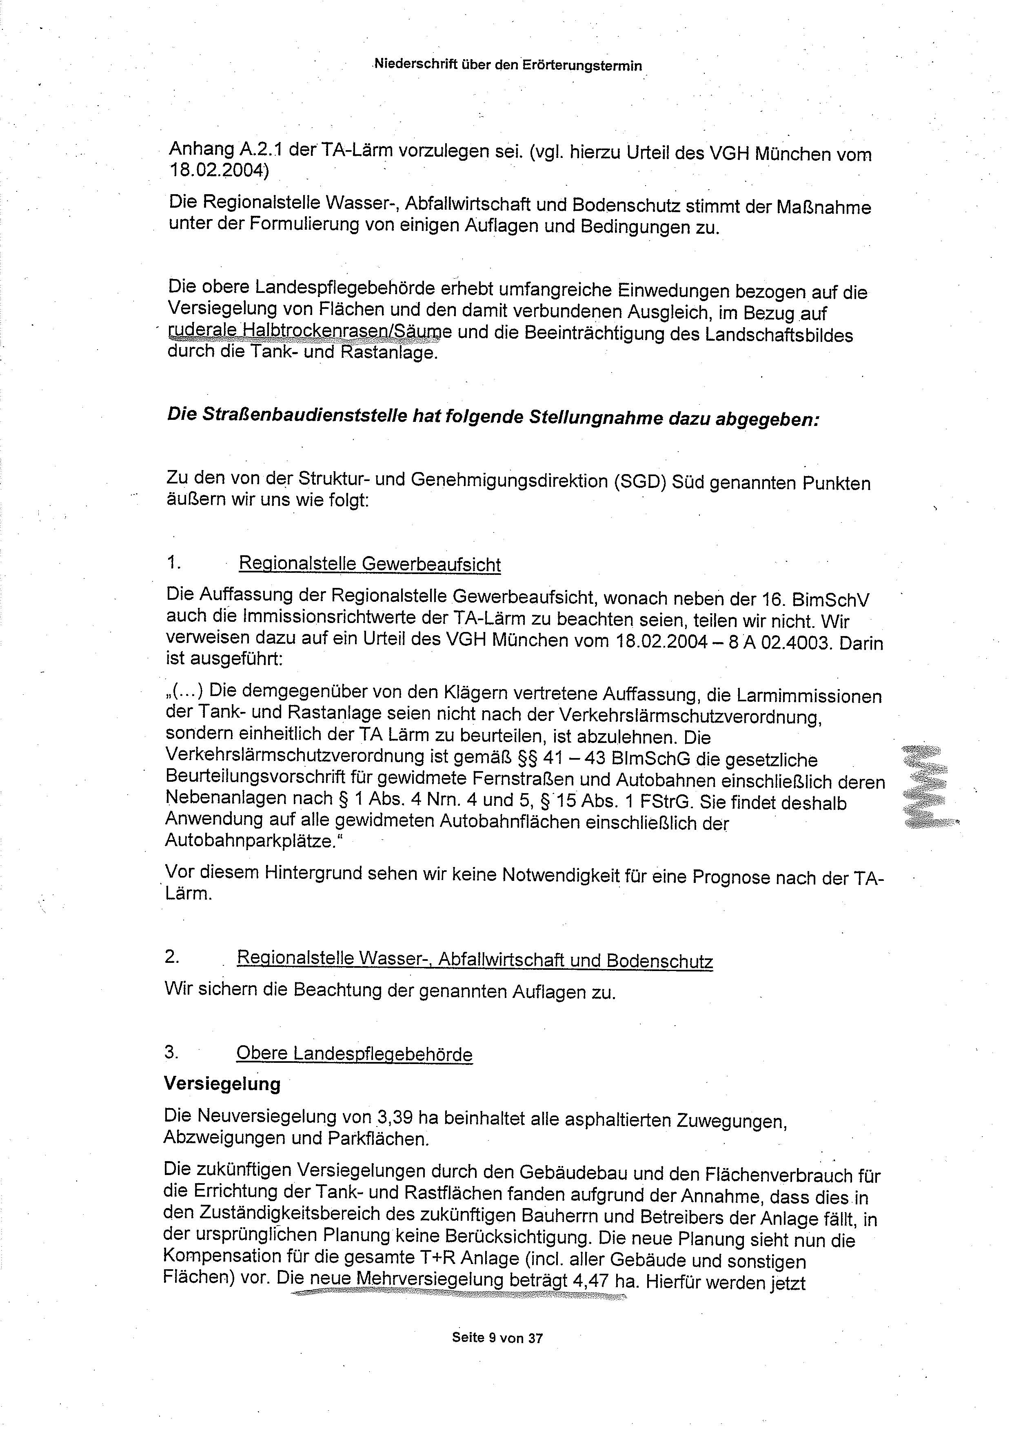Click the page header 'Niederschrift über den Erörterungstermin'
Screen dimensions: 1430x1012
tap(507, 65)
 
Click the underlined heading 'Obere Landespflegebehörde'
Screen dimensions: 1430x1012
tap(354, 1054)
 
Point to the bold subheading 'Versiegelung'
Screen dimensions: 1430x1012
tap(222, 1084)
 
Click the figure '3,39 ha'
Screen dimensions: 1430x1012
tap(408, 1116)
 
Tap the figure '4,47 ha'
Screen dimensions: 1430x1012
tap(589, 1282)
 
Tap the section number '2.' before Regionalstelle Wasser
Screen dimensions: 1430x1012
tap(172, 956)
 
